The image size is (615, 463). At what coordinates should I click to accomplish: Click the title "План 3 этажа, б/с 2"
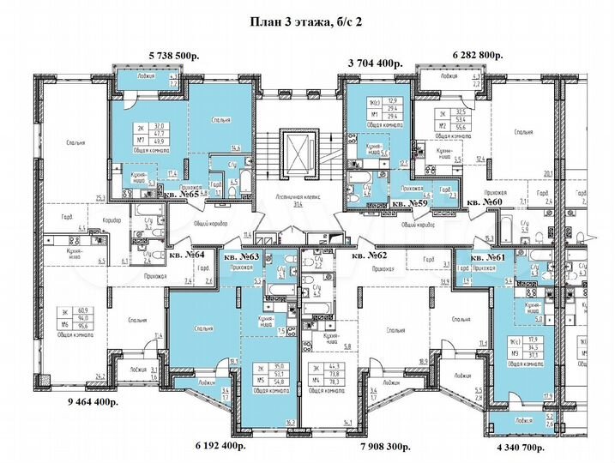pyautogui.click(x=307, y=22)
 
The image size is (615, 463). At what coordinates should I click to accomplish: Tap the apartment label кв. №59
pyautogui.click(x=411, y=204)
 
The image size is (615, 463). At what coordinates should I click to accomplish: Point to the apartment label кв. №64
pyautogui.click(x=188, y=254)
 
